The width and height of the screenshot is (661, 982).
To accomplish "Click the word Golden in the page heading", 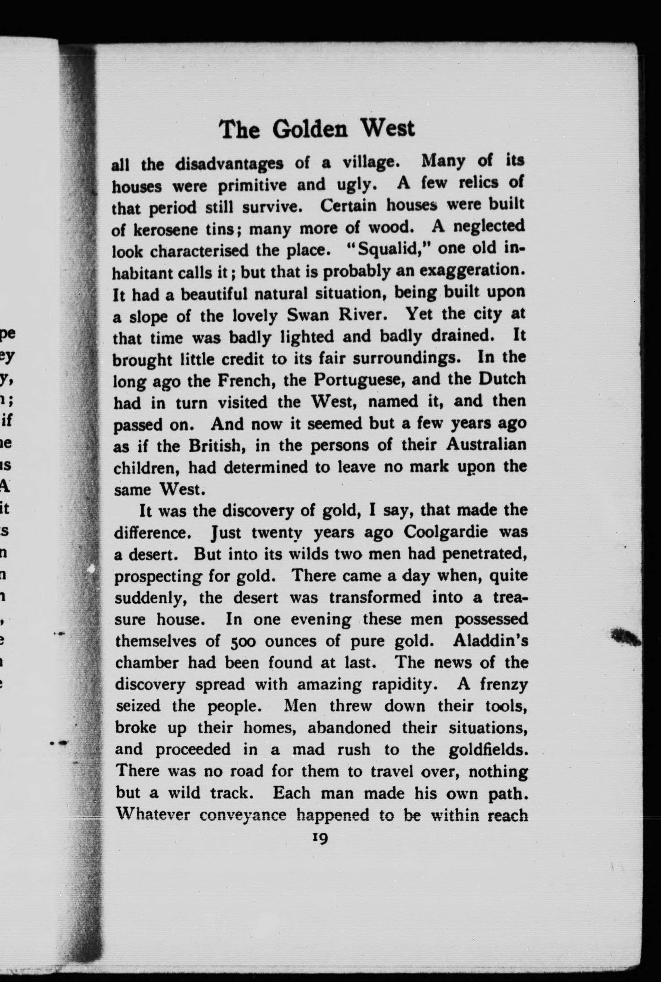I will click(x=309, y=129).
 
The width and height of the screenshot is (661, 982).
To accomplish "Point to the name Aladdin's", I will click(x=491, y=640).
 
